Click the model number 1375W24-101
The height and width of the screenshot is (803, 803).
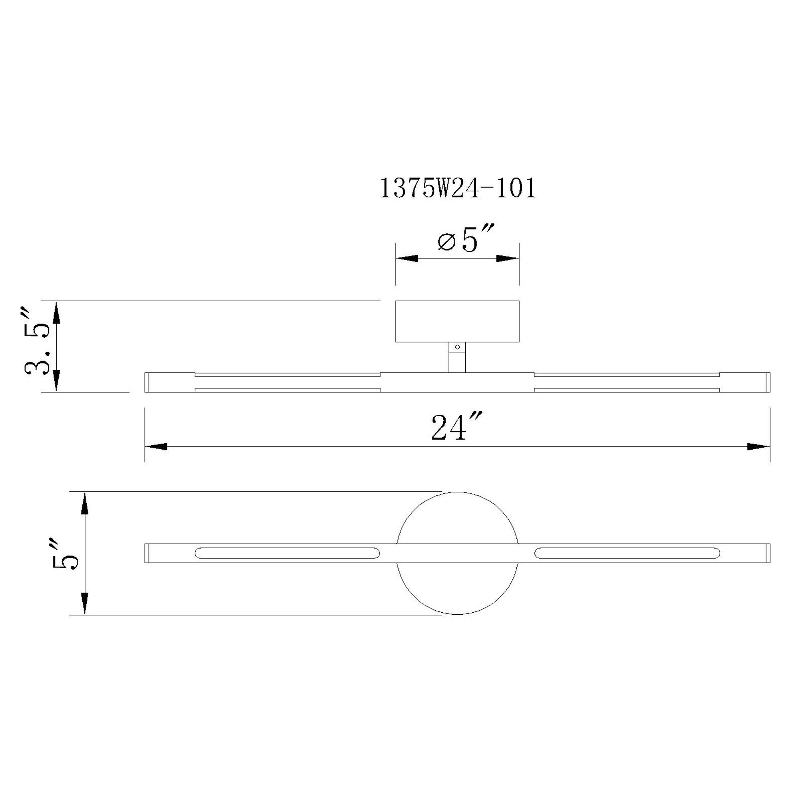tap(458, 189)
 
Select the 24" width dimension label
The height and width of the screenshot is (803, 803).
tap(455, 428)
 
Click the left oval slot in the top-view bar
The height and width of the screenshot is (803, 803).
tap(287, 553)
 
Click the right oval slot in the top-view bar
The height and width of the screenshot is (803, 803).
tap(627, 553)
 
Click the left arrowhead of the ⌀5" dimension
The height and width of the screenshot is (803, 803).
tap(406, 259)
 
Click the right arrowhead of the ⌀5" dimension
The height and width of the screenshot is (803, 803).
tap(508, 259)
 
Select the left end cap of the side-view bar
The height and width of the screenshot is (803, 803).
tap(147, 382)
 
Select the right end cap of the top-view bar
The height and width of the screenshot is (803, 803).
tap(768, 553)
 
